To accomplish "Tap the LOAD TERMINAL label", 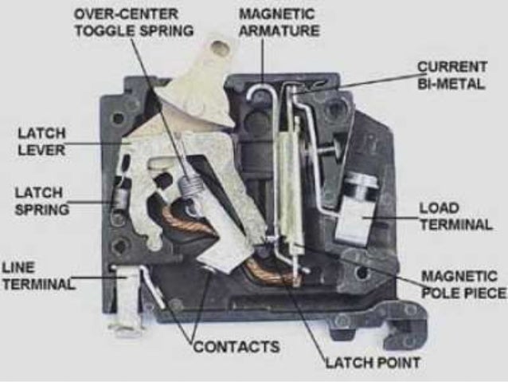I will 455,216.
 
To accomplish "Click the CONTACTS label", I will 236,347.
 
